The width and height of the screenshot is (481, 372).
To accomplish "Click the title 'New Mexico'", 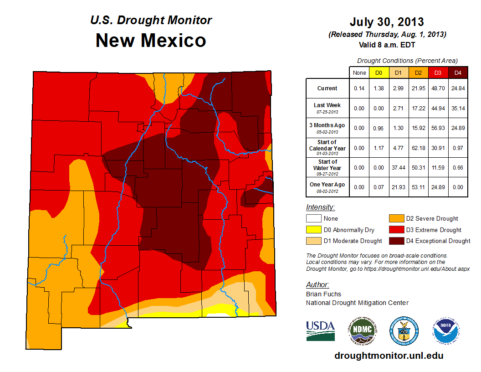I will click(151, 40).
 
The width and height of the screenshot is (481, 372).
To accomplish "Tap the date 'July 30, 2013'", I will click(387, 21).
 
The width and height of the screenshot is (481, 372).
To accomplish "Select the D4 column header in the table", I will click(458, 72).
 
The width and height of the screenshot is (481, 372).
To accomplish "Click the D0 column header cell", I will click(379, 72).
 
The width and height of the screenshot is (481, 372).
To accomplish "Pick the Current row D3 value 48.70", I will click(438, 88).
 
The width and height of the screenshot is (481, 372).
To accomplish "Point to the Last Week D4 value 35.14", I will click(458, 108).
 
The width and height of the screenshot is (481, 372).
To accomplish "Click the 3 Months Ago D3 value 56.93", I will click(438, 128).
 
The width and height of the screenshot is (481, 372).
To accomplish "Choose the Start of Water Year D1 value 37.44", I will click(398, 168).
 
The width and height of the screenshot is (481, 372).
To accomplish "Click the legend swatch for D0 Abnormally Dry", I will click(313, 230).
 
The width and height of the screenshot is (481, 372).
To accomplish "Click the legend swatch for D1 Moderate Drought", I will click(313, 241).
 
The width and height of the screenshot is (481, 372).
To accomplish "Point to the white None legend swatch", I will click(313, 219).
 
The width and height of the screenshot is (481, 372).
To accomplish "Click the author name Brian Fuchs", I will click(323, 294).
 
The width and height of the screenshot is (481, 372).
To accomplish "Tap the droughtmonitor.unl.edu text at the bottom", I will click(389, 356).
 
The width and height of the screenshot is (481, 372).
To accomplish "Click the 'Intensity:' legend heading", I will click(320, 207).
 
